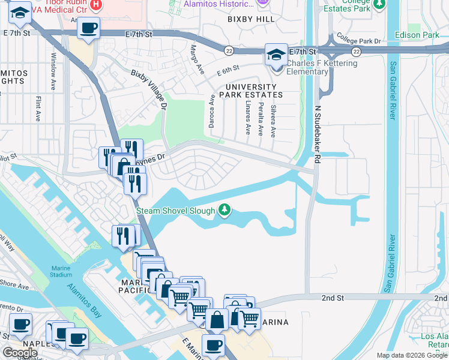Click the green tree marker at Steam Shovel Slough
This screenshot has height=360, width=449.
224,209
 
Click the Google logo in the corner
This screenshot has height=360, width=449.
20,353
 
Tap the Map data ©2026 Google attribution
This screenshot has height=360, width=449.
412,355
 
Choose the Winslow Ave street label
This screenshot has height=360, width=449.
53,75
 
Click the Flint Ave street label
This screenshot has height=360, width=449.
38,108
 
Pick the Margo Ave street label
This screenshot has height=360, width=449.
196,59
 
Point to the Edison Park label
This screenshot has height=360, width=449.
422,35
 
